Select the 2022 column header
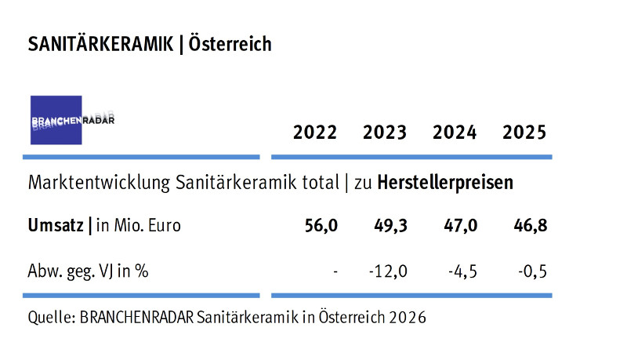315,133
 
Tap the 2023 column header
385,133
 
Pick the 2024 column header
455,133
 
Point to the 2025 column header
524,133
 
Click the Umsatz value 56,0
321,227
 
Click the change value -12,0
388,271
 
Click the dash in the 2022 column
335,272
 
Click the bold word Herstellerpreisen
445,183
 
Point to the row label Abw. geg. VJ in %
89,271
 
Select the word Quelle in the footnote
49,318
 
